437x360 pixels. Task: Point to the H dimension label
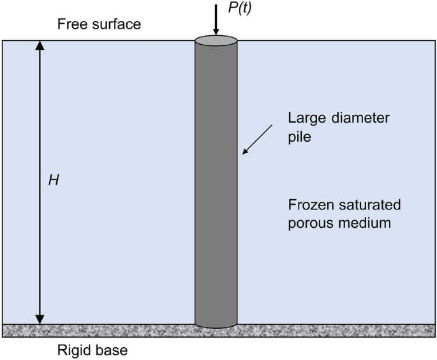pyautogui.click(x=54, y=181)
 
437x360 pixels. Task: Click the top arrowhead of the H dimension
pyautogui.click(x=40, y=46)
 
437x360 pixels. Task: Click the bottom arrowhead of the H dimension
pyautogui.click(x=40, y=319)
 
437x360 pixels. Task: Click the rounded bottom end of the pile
pyautogui.click(x=216, y=325)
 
